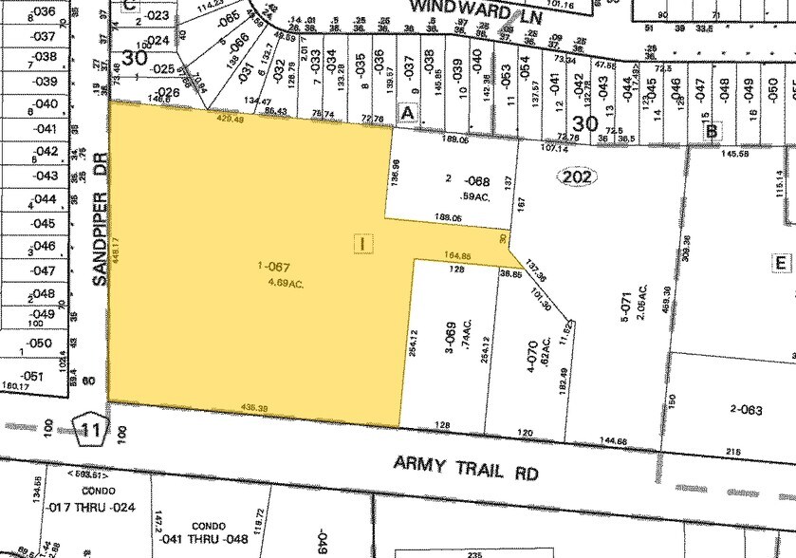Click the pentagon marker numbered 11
pos(90,430)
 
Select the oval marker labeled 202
pos(576,177)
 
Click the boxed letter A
pos(409,112)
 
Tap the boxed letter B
pos(711,131)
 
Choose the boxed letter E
pos(782,263)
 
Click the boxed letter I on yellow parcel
pos(361,243)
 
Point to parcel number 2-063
pos(745,409)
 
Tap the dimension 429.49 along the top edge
pos(231,120)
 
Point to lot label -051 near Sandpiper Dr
pos(33,375)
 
